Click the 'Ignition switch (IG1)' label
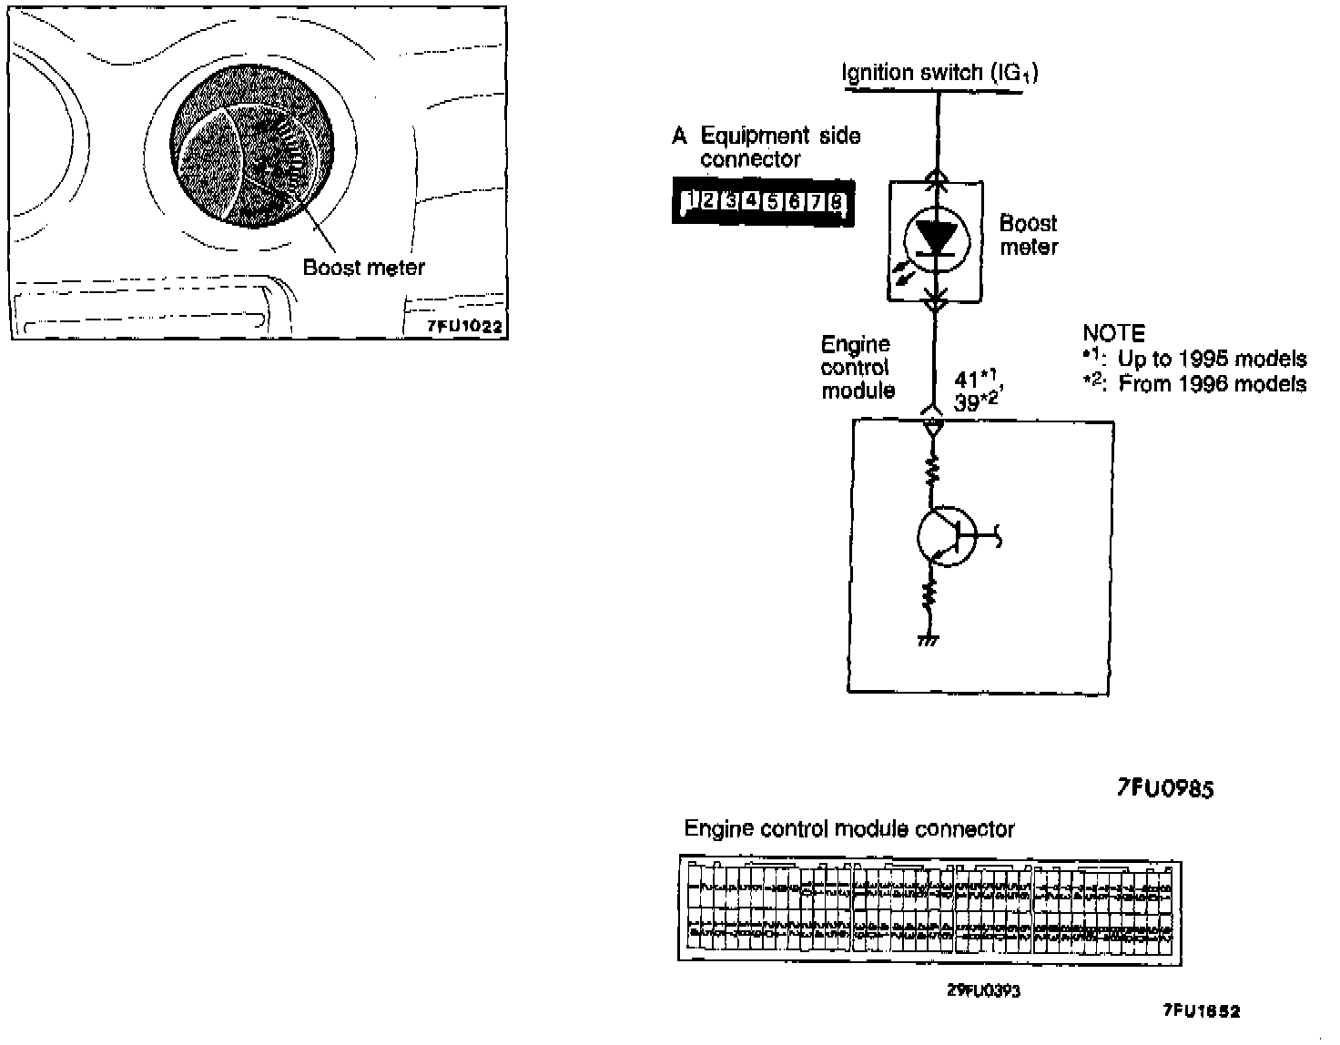pyautogui.click(x=939, y=72)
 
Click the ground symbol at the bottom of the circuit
pyautogui.click(x=929, y=640)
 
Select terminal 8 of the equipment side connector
pyautogui.click(x=837, y=202)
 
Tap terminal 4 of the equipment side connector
pyautogui.click(x=751, y=201)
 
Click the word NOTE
pyautogui.click(x=1113, y=333)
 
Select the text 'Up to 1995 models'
pyautogui.click(x=1212, y=359)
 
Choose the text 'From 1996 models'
pyautogui.click(x=1213, y=383)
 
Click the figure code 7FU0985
pyautogui.click(x=1165, y=788)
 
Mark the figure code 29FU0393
pyautogui.click(x=983, y=990)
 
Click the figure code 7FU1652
pyautogui.click(x=1202, y=1010)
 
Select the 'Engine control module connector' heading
pyautogui.click(x=848, y=829)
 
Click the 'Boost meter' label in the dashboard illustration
pyautogui.click(x=363, y=268)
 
